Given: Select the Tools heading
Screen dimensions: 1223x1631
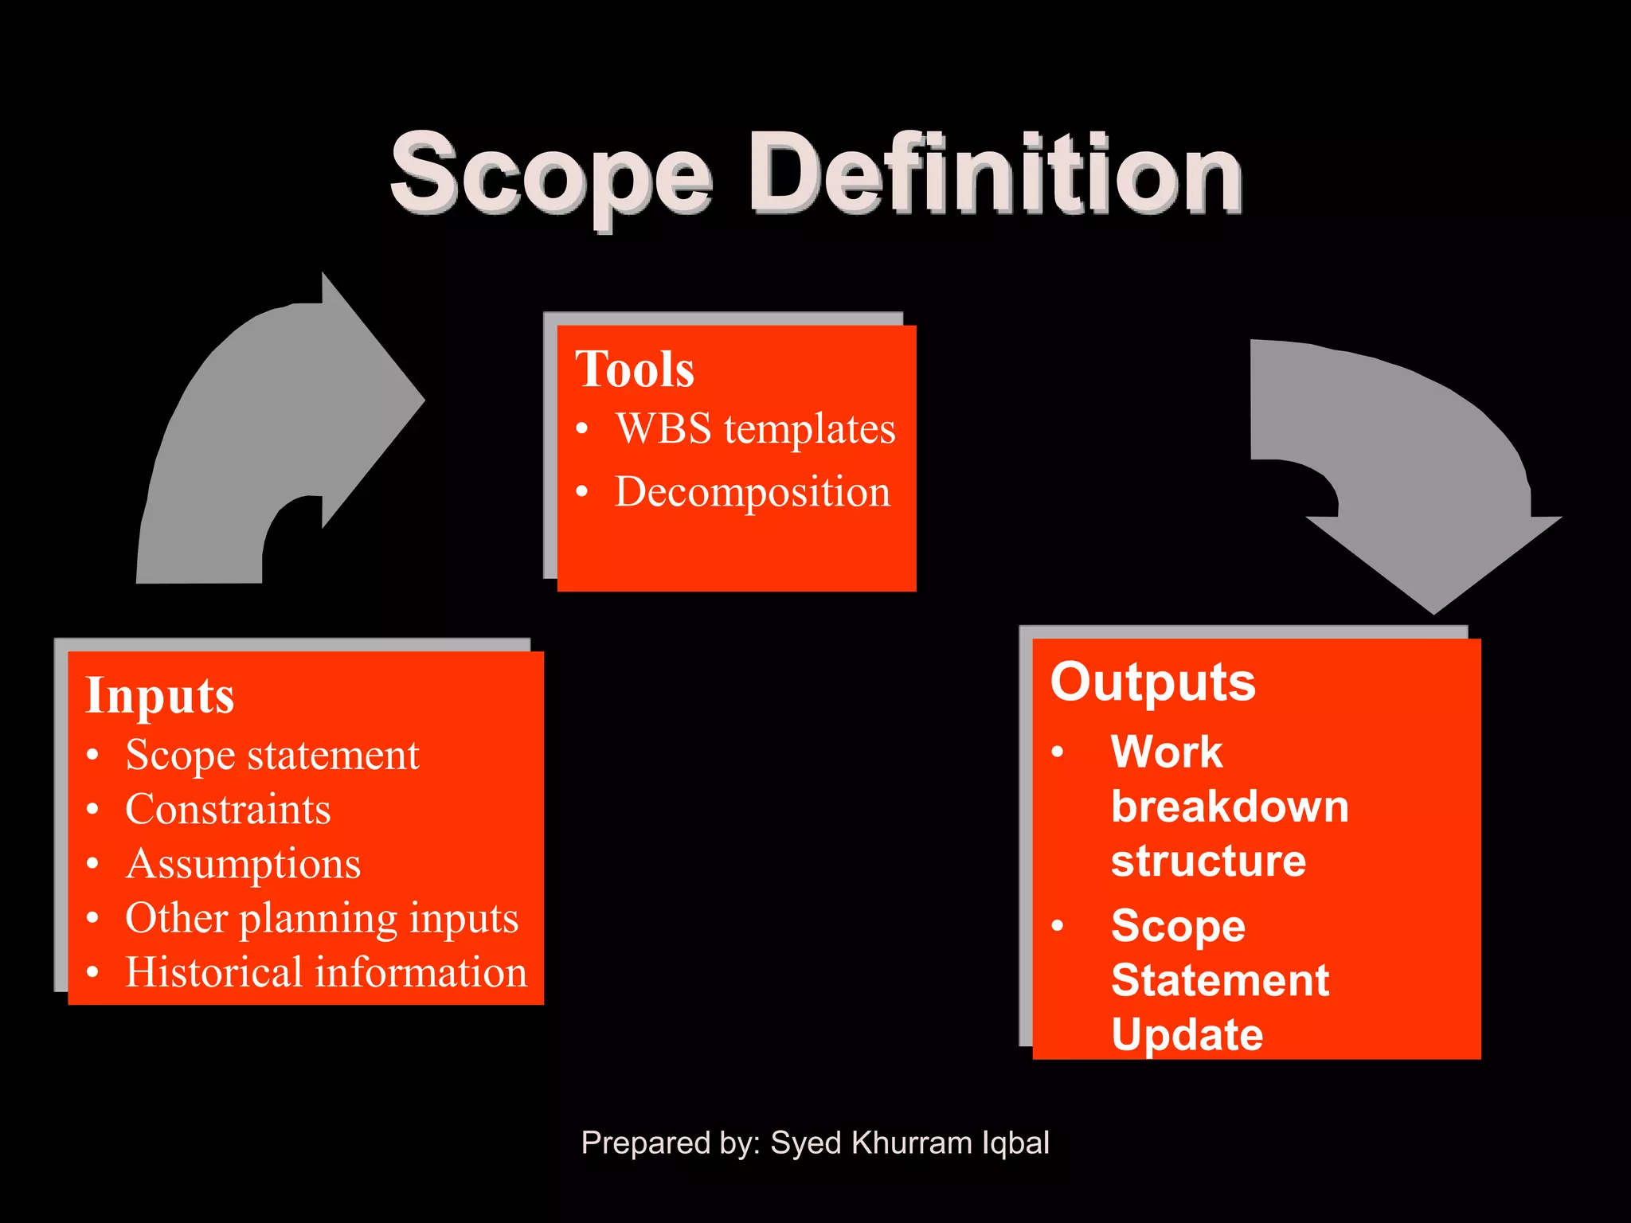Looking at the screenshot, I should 635,369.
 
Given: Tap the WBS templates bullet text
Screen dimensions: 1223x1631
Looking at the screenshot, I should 755,429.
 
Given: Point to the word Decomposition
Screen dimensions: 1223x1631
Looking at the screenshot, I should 753,492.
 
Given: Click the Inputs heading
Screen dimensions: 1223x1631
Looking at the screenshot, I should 160,696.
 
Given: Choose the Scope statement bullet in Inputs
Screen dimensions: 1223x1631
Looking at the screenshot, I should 272,755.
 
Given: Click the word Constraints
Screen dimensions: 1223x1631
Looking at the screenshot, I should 228,810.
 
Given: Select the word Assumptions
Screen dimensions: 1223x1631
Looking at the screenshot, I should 243,865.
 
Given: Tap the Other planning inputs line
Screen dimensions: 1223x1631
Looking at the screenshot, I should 322,919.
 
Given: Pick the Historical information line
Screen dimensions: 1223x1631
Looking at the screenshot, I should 327,973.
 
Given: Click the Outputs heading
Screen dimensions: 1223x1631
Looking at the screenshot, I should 1152,683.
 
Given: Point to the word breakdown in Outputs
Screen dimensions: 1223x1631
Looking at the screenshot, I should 1230,807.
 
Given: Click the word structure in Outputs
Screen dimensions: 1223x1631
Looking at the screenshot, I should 1208,861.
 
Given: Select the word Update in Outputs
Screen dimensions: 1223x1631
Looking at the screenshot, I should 1187,1034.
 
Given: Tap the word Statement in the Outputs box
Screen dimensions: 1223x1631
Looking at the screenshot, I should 1219,980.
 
